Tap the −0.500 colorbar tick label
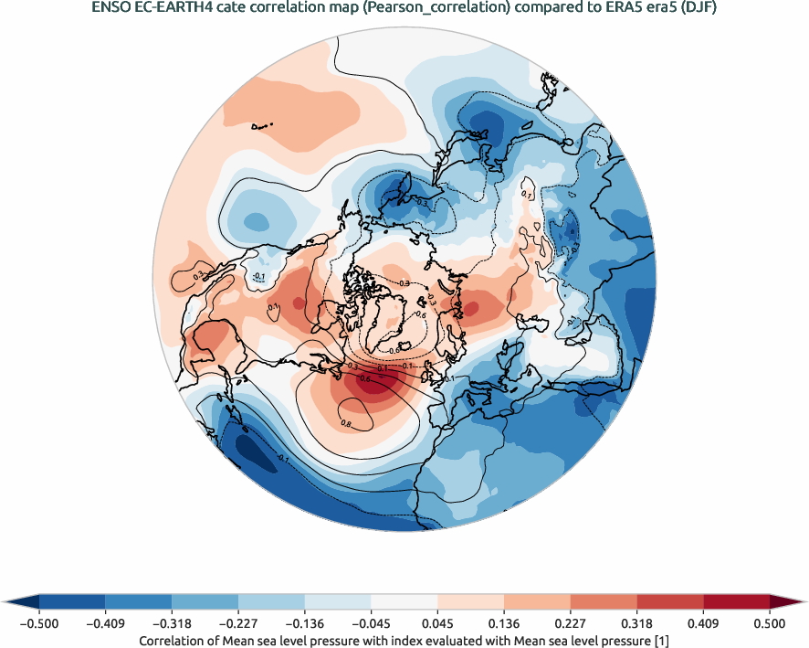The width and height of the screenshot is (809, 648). tap(39, 623)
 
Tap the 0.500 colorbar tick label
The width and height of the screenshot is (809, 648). tap(770, 623)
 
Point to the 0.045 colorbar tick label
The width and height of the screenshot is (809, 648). tap(437, 623)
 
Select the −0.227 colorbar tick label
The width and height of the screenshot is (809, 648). tap(238, 623)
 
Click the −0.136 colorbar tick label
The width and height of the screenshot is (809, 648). tap(305, 623)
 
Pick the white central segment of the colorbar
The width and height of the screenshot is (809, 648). tap(404, 601)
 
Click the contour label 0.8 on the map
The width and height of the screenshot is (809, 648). tap(346, 424)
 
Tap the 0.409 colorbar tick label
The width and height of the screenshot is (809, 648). tap(703, 623)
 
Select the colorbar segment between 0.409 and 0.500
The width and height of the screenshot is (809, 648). tap(736, 601)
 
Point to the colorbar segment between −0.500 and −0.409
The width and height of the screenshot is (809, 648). tap(72, 601)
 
